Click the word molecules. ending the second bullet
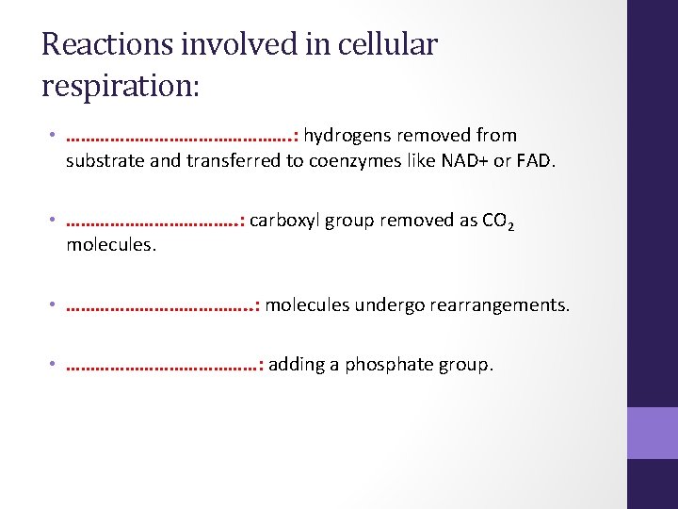tap(111, 245)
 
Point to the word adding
tap(296, 365)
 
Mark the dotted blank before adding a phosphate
tap(161, 365)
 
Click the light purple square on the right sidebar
tap(653, 433)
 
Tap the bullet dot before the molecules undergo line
tap(56, 305)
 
